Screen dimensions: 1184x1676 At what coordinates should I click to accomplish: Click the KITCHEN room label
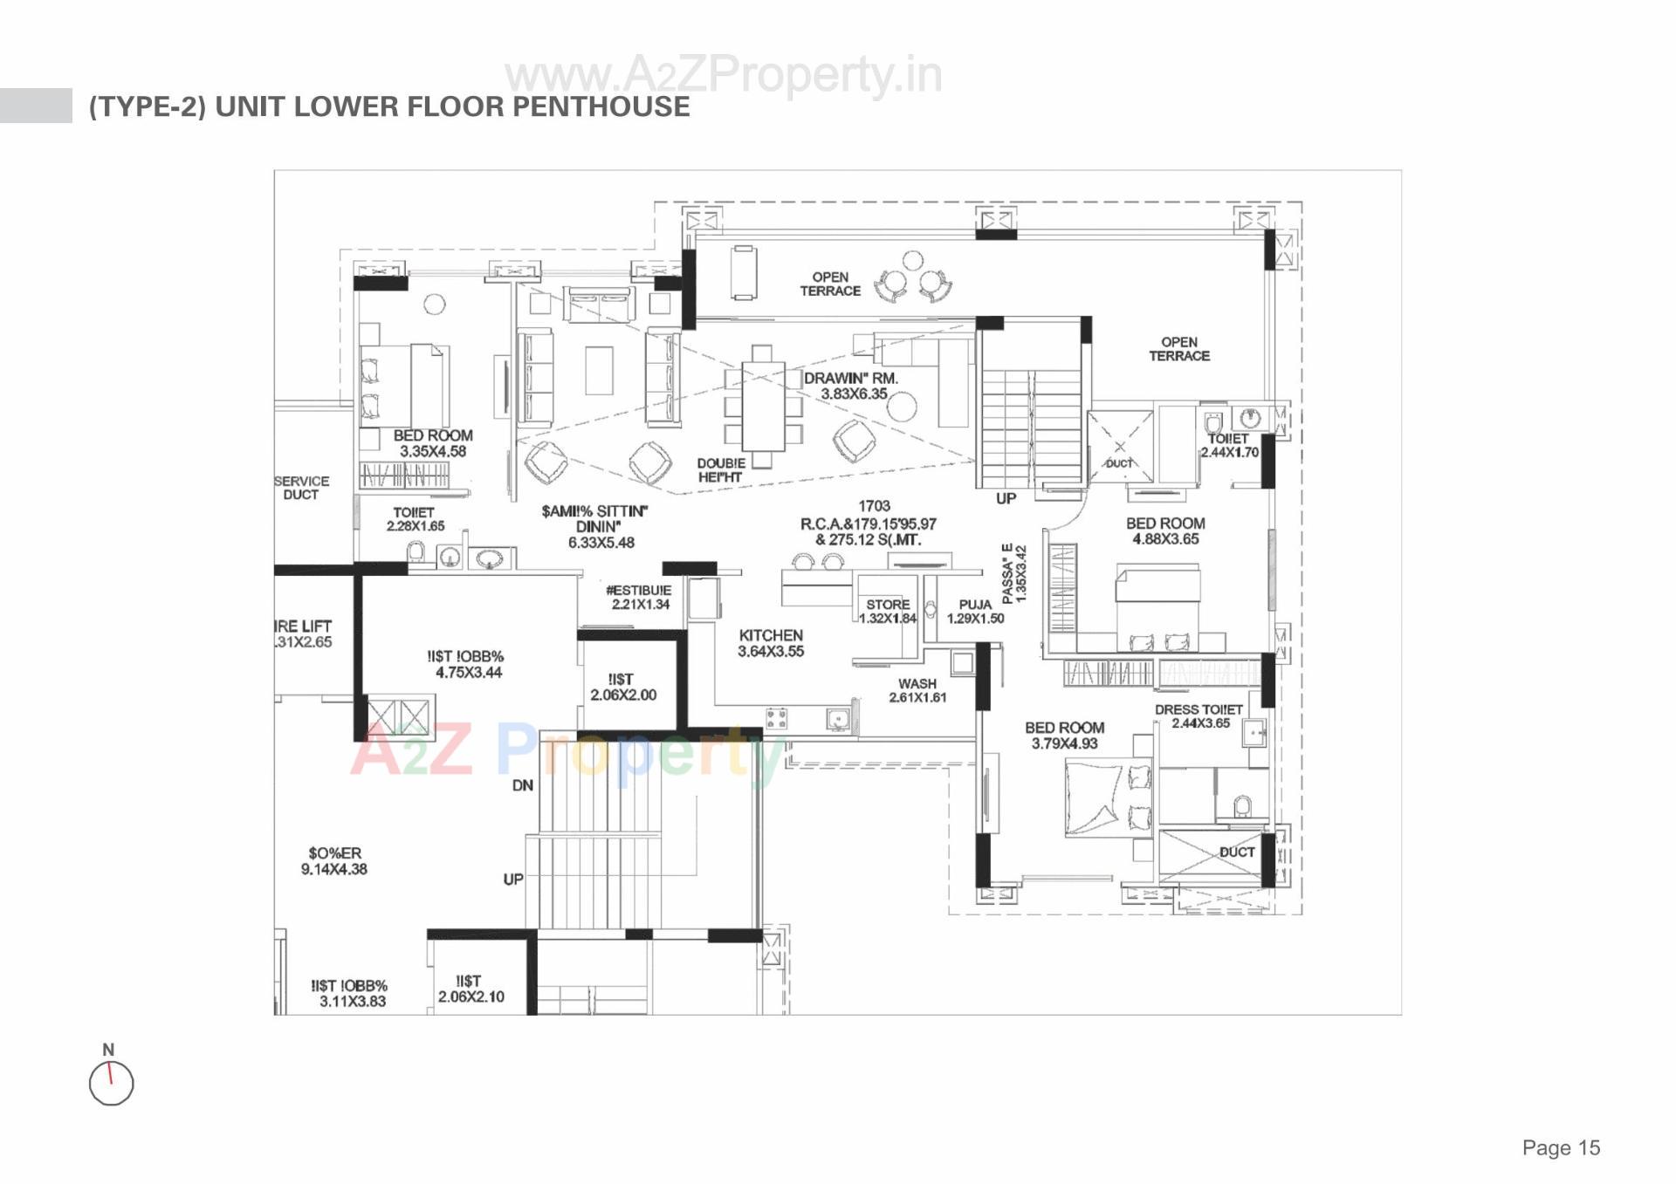tap(770, 636)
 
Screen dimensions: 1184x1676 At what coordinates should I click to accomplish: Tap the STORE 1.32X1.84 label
tap(888, 611)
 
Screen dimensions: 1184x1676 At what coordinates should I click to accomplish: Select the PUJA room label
tap(975, 605)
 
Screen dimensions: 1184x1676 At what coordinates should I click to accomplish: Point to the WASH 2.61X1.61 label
tap(917, 690)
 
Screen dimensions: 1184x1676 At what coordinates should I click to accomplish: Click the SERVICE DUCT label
tap(301, 488)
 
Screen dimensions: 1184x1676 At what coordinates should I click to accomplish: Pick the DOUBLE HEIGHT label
tap(720, 470)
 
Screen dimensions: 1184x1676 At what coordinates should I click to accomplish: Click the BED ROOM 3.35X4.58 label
tap(433, 443)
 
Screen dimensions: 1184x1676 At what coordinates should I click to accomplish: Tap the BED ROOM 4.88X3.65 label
tap(1165, 530)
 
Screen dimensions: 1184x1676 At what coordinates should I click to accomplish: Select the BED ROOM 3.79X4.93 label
tap(1064, 736)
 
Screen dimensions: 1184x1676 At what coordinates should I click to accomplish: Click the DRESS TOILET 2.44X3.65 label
tap(1199, 716)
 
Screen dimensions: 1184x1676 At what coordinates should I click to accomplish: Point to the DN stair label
tap(522, 785)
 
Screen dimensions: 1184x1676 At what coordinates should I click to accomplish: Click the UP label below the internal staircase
tap(1006, 498)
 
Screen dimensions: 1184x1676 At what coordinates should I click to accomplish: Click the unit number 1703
tap(874, 506)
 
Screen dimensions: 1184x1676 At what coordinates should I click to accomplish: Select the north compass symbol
tap(111, 1083)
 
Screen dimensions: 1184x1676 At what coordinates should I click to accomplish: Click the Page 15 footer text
tap(1561, 1147)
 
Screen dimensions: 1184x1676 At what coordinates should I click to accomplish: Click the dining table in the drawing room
tap(763, 405)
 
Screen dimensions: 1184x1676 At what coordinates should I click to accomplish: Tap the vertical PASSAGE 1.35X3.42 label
tap(1013, 573)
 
